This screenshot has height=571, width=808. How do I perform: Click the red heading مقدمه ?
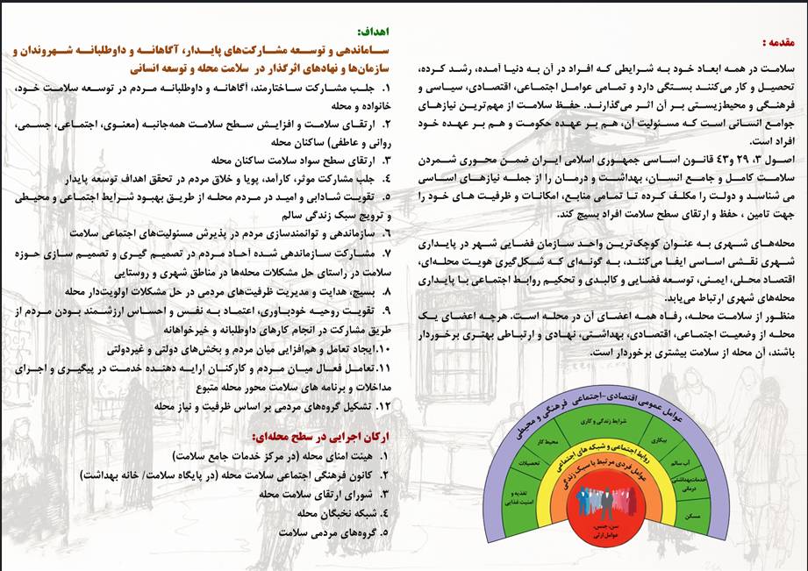(x=776, y=42)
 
